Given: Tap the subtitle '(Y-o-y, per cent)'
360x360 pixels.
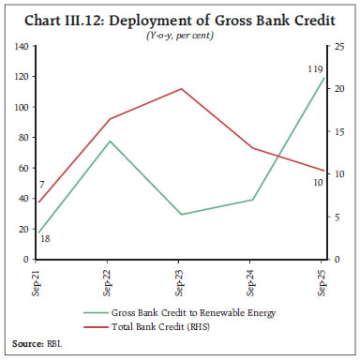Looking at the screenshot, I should tap(179, 35).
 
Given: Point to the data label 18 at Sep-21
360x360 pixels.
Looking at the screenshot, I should tap(44, 240).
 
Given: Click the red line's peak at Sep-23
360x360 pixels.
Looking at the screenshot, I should tap(180, 89).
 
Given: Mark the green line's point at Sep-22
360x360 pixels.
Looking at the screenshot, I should tap(109, 142).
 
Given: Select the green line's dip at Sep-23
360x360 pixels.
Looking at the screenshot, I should tap(180, 215).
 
